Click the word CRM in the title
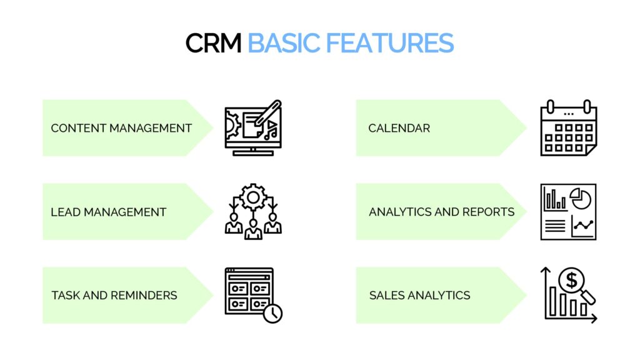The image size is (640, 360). coord(214,43)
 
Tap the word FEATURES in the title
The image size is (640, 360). coord(390,43)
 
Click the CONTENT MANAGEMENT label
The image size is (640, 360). coord(121,128)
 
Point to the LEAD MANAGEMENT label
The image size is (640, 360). coord(109,212)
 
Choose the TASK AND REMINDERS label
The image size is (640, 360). coord(114,296)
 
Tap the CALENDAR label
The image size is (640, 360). coord(399,128)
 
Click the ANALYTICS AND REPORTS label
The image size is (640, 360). coord(442,212)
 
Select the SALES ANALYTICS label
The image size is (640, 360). coord(419,296)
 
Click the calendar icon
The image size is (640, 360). coord(569,127)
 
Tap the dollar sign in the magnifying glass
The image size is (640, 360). coord(572,280)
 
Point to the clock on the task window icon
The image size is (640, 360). coord(272,314)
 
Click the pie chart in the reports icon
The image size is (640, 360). coord(581,198)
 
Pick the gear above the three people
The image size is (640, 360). coord(253,197)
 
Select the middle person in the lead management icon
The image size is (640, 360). coord(253,230)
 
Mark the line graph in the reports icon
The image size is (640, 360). coord(584,225)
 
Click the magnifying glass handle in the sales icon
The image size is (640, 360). coord(589,297)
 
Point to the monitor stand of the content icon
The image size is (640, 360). coord(253,152)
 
